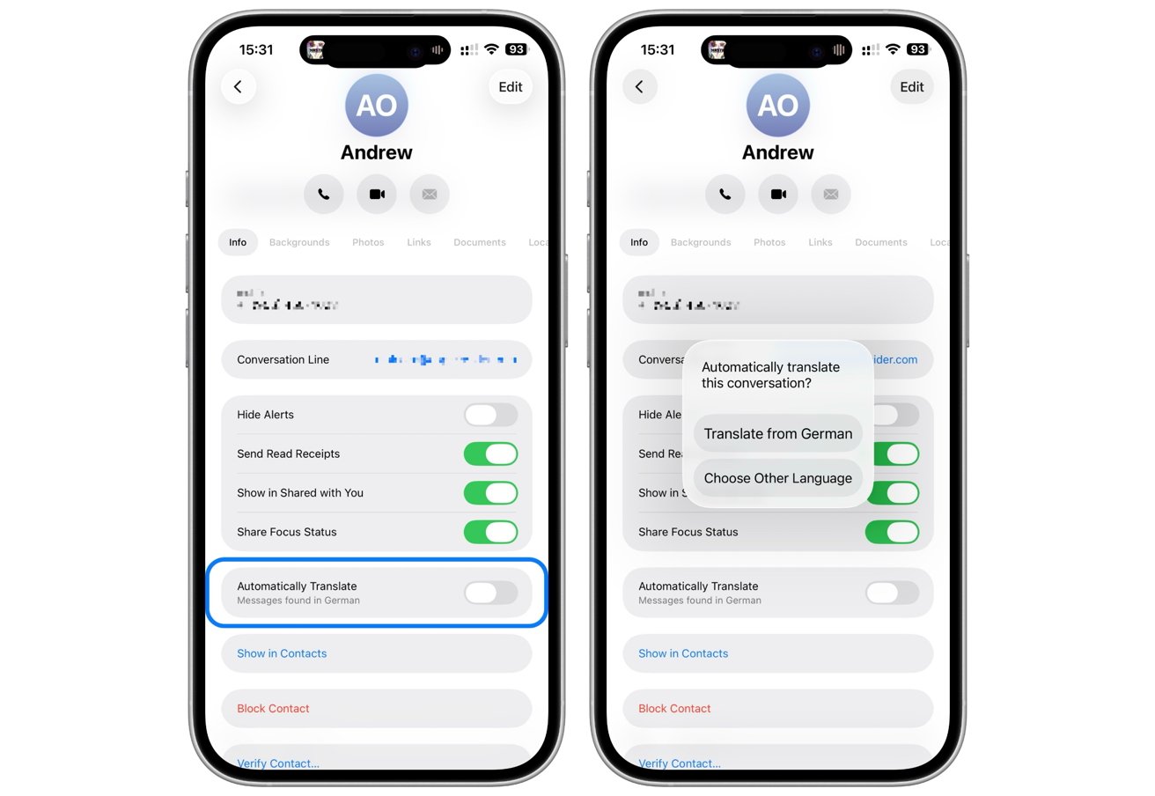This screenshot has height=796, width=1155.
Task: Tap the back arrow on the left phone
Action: point(238,86)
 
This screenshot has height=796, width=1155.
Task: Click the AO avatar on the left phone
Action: point(377,106)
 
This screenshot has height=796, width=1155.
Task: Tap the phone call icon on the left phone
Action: point(324,194)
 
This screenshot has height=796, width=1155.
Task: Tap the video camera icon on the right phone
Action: point(778,194)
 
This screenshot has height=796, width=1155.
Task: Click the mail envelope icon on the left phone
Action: point(430,194)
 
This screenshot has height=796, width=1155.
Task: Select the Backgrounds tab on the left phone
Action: point(299,242)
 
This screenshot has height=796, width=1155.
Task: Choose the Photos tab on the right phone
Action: point(769,242)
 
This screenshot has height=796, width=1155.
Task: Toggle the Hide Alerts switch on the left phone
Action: point(490,415)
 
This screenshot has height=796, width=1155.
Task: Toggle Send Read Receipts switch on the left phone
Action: point(490,453)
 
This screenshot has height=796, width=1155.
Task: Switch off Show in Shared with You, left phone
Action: point(490,493)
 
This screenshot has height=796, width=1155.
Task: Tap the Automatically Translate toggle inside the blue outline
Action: point(490,593)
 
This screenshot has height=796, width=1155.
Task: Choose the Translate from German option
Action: point(778,434)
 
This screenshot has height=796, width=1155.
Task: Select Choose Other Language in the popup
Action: point(778,478)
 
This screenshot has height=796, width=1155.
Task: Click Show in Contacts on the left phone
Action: point(282,653)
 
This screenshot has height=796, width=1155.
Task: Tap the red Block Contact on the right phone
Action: point(674,708)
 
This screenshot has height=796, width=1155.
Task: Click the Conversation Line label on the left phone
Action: point(283,359)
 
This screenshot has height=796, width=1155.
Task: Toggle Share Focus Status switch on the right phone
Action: point(892,532)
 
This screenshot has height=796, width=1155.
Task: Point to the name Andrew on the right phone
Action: point(778,152)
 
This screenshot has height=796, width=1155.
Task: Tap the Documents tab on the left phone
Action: point(480,242)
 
